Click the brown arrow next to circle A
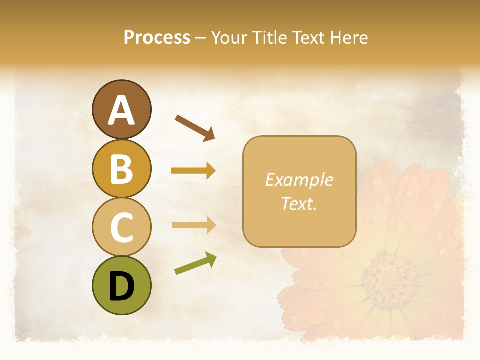[x=195, y=127]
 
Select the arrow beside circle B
[x=193, y=171]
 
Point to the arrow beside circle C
[x=193, y=225]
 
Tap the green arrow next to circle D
[x=195, y=264]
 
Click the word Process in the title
[x=157, y=37]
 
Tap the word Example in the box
[x=299, y=180]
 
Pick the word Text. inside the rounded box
[x=299, y=203]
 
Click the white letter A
[x=121, y=110]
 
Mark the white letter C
[x=121, y=227]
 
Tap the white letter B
[x=121, y=169]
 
